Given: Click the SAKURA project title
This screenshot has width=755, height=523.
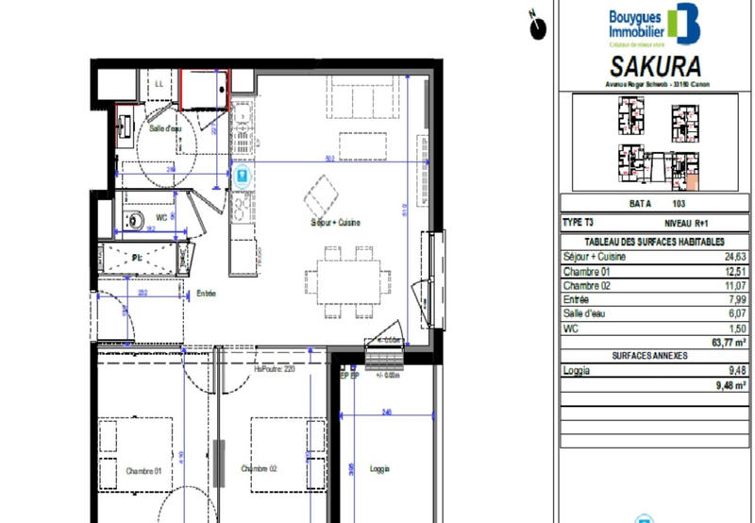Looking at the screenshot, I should pyautogui.click(x=657, y=68).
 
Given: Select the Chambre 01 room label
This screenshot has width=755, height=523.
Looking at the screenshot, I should pyautogui.click(x=144, y=469).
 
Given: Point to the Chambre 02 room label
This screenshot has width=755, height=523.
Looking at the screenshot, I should pyautogui.click(x=258, y=469).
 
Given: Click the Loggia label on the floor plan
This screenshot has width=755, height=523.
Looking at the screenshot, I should pyautogui.click(x=379, y=469).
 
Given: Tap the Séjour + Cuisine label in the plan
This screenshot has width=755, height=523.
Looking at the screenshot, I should pyautogui.click(x=336, y=223).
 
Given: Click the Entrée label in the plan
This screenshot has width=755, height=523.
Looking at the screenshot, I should pyautogui.click(x=206, y=294).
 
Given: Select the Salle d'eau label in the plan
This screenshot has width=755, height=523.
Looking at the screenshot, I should pyautogui.click(x=166, y=128).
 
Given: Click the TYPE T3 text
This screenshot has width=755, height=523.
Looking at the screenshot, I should pyautogui.click(x=578, y=223).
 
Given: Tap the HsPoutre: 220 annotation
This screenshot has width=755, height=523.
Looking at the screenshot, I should pyautogui.click(x=275, y=369).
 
